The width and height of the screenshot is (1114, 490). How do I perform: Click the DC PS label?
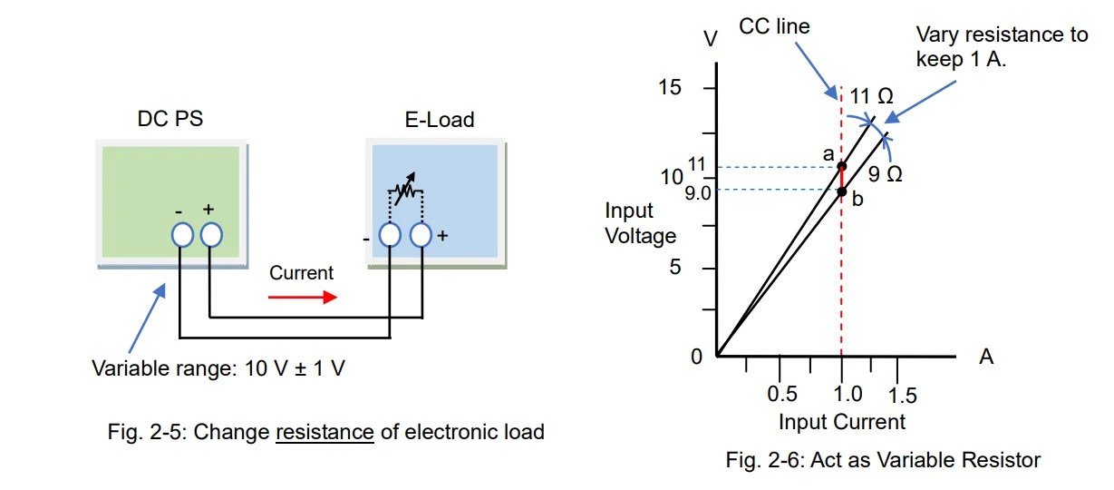coord(170,119)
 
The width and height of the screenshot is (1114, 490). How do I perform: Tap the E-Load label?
coord(440,120)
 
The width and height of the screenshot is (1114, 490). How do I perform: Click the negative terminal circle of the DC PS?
coord(182,235)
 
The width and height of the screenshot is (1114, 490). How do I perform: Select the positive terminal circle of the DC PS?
coord(211,235)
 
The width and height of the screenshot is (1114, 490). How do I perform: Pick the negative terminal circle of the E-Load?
coord(390,235)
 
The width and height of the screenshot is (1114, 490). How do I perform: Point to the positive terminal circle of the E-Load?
coord(421,235)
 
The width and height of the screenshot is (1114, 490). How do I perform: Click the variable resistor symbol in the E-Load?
coord(406,190)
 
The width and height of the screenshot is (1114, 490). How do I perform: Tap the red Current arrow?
coord(303,298)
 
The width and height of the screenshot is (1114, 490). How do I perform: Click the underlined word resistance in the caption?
coord(325,432)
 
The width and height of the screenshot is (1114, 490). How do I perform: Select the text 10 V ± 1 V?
coord(295,368)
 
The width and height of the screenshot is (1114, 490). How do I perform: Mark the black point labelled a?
coord(841,166)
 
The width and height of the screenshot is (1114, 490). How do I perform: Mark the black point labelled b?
coord(841,191)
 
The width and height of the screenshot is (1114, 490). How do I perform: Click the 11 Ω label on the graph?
coord(871,96)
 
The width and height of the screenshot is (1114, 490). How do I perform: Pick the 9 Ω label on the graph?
coord(886,174)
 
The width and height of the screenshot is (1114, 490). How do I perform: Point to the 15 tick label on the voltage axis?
coord(669,87)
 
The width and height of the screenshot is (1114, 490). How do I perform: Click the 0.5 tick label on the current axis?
coord(781,394)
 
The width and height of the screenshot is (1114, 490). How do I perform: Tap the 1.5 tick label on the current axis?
coord(902,396)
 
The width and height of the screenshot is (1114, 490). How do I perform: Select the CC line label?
coord(774,26)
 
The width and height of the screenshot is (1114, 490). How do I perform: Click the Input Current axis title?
coord(842,422)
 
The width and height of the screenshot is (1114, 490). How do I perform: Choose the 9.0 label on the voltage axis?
coord(698,193)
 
